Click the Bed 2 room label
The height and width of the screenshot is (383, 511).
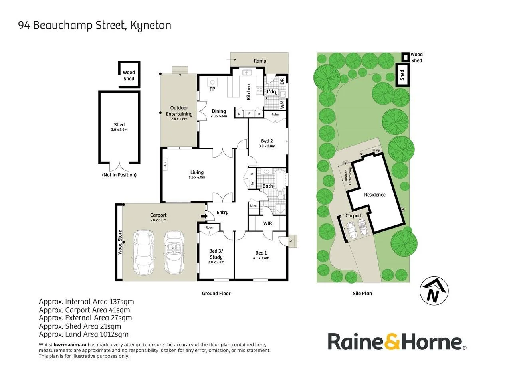(267, 141)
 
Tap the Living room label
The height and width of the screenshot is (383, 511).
(197, 172)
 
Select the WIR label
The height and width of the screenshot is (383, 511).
(267, 223)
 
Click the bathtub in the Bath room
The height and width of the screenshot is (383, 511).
(279, 180)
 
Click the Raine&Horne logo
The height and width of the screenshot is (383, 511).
(397, 342)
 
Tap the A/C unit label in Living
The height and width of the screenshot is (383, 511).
(165, 163)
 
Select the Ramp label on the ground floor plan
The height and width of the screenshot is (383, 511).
(260, 61)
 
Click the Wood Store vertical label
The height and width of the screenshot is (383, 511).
(120, 242)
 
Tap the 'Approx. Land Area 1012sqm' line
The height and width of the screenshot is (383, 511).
(83, 334)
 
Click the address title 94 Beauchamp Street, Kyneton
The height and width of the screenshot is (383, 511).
(95, 26)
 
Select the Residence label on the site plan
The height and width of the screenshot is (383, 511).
(374, 195)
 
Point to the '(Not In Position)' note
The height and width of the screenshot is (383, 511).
(119, 175)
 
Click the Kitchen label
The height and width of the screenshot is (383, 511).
(249, 92)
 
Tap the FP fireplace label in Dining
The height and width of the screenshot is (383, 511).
(212, 89)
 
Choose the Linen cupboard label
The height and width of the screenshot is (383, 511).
(254, 205)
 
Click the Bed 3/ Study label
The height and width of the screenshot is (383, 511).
(216, 254)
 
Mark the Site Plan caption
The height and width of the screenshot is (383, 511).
(362, 293)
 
